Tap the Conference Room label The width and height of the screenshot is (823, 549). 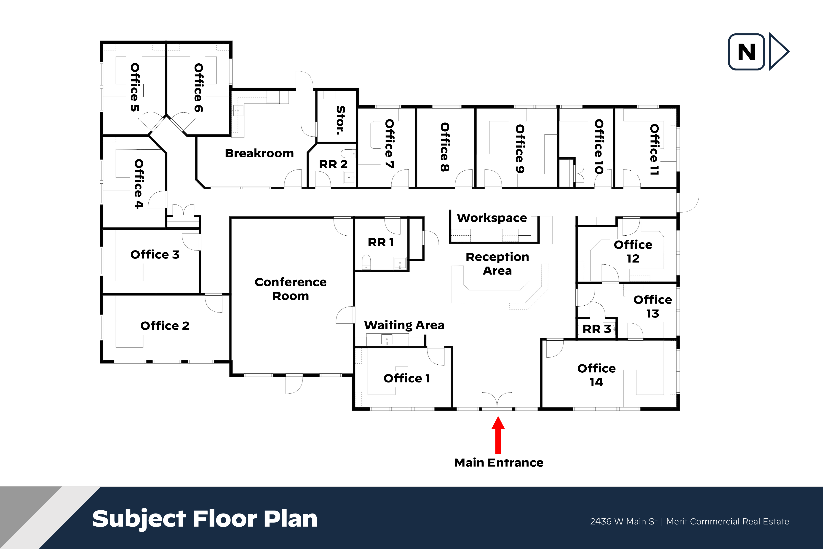click(290, 289)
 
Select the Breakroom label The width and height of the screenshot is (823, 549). click(259, 153)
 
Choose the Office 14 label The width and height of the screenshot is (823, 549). click(597, 375)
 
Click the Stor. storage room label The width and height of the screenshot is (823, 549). click(340, 120)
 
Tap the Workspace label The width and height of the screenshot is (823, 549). click(492, 218)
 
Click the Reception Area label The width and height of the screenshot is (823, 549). click(497, 264)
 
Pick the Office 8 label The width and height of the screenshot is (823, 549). click(445, 147)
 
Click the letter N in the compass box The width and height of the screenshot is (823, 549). click(746, 52)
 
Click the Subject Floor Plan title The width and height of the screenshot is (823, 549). click(205, 519)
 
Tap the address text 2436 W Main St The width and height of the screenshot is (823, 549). click(624, 521)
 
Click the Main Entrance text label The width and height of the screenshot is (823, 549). click(499, 463)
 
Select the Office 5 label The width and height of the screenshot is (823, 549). click(135, 88)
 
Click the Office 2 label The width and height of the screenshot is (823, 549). click(165, 326)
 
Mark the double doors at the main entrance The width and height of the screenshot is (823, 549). click(497, 401)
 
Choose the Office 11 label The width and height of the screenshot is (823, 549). click(654, 150)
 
